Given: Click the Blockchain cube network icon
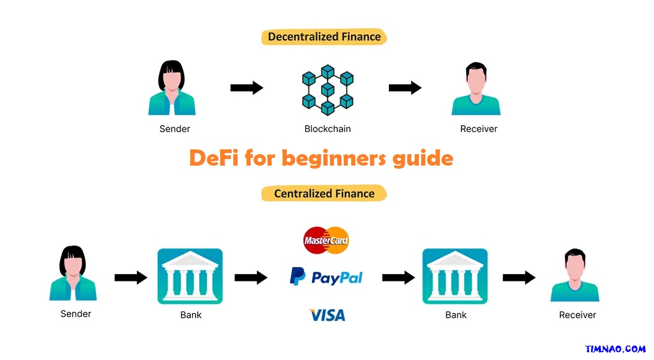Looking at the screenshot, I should pos(327,90).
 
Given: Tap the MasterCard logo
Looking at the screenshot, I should pos(326,241).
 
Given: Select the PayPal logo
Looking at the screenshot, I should pos(326,277).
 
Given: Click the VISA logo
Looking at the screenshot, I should pos(327,314).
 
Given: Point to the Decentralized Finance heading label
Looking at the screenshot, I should pos(324,37).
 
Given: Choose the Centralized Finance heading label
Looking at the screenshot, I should pos(324,193).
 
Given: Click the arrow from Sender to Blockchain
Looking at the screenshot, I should pos(247,88).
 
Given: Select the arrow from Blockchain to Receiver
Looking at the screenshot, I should pos(405,88).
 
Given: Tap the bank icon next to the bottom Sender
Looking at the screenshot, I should pos(190,276).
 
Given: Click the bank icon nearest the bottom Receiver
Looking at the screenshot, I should pos(455,276).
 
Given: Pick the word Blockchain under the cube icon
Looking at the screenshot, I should pos(328,128).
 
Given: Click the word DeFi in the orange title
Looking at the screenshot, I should pos(214,158).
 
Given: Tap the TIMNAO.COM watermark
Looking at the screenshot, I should pos(616,349).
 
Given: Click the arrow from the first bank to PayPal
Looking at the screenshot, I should pos(251,277).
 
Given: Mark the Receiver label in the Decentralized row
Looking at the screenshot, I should pos(479,128).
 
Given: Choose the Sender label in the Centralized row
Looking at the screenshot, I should pos(76,313).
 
